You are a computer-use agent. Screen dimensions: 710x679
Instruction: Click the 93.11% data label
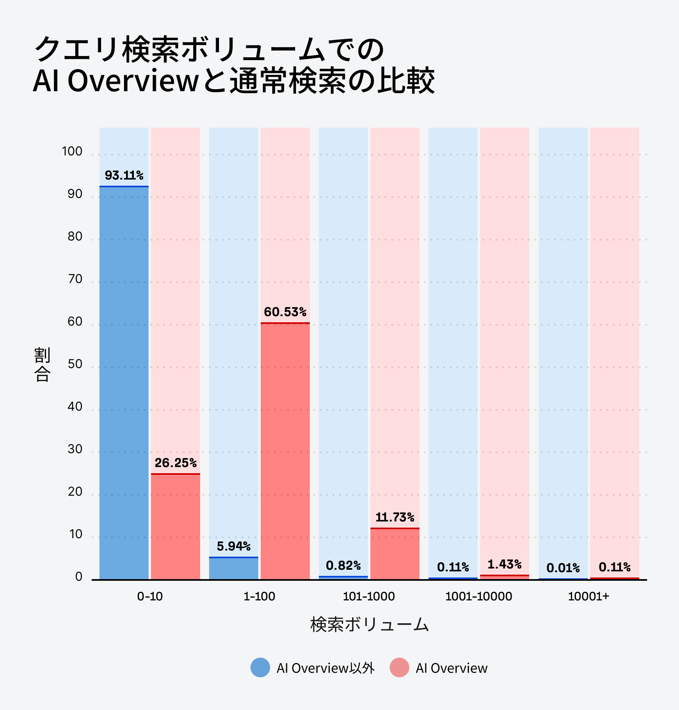pyautogui.click(x=124, y=175)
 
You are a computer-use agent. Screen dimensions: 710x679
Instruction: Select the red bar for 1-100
pyautogui.click(x=285, y=450)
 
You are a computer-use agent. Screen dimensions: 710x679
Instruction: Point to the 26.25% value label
pyautogui.click(x=176, y=463)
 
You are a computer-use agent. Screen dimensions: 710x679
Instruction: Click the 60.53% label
pyautogui.click(x=285, y=312)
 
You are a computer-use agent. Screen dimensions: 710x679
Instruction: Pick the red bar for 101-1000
pyautogui.click(x=395, y=554)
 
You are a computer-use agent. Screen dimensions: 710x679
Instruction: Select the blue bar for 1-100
pyautogui.click(x=234, y=568)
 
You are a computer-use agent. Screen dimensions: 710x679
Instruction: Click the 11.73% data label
pyautogui.click(x=395, y=517)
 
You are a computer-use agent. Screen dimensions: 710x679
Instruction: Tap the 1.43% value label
pyautogui.click(x=505, y=564)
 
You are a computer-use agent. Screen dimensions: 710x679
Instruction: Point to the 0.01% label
pyautogui.click(x=563, y=568)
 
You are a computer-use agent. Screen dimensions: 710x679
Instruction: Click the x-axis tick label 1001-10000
pyautogui.click(x=478, y=596)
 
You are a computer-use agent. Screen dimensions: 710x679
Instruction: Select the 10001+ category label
pyautogui.click(x=589, y=596)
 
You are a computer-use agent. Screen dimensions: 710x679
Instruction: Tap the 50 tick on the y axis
pyautogui.click(x=75, y=364)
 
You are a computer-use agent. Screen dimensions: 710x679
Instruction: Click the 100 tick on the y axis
pyautogui.click(x=72, y=151)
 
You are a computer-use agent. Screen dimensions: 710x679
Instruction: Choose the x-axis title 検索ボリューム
pyautogui.click(x=369, y=625)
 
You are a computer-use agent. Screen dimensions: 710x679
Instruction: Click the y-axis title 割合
pyautogui.click(x=42, y=364)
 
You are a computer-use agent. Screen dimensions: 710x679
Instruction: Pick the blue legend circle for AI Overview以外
pyautogui.click(x=260, y=667)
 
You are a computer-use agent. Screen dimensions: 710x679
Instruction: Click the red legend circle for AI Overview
pyautogui.click(x=399, y=667)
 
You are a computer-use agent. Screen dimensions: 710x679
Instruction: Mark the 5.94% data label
pyautogui.click(x=234, y=546)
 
